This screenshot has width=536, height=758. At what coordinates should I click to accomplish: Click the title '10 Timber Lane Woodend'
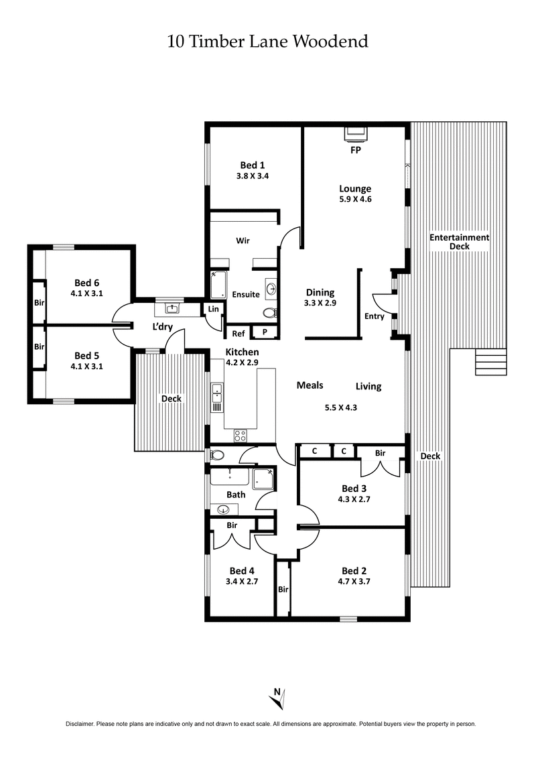tap(267, 42)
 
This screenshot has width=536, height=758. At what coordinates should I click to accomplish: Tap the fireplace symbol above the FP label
tap(355, 133)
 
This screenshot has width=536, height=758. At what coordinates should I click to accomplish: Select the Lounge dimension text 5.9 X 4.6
tap(355, 199)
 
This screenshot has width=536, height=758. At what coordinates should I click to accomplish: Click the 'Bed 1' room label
tap(253, 165)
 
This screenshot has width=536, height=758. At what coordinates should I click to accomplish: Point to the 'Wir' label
tap(243, 239)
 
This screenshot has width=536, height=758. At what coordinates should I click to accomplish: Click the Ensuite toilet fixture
tap(269, 313)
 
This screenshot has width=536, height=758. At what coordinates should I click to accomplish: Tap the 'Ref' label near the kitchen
tap(238, 333)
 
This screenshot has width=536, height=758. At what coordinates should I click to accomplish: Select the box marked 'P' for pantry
tap(264, 332)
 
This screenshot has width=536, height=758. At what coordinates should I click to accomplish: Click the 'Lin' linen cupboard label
tap(213, 309)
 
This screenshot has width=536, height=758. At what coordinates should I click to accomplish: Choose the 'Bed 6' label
tap(86, 282)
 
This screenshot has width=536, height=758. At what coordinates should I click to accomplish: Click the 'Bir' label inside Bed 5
tap(39, 346)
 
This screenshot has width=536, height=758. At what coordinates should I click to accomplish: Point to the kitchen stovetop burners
tap(240, 436)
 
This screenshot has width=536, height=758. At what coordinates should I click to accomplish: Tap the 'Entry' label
tap(374, 316)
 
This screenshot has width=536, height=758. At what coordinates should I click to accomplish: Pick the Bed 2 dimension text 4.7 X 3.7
tap(354, 582)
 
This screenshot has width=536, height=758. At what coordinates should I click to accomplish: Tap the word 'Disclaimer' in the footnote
tap(80, 724)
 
